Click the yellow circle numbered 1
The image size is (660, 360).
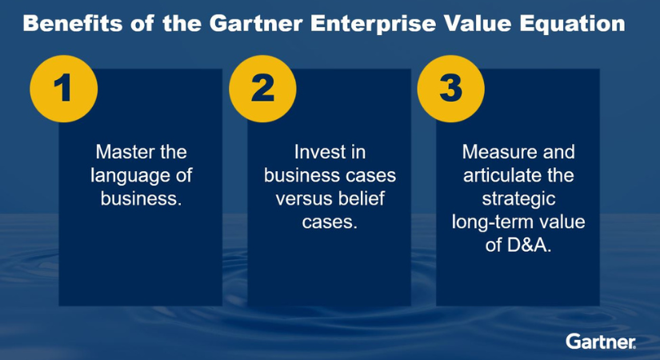pos(63,89)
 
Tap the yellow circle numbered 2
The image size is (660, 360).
pos(262,89)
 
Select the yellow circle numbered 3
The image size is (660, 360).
pos(451,89)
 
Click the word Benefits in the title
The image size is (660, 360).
pos(72,23)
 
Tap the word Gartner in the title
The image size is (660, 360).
pos(256,23)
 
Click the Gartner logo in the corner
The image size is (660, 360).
pos(601,341)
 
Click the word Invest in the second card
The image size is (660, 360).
pos(313,151)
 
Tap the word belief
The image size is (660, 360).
pos(365,198)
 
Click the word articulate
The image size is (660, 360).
pos(495,175)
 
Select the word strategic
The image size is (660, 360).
pos(518,199)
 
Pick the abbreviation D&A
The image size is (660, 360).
pos(529,245)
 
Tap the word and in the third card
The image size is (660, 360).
pos(559,151)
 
